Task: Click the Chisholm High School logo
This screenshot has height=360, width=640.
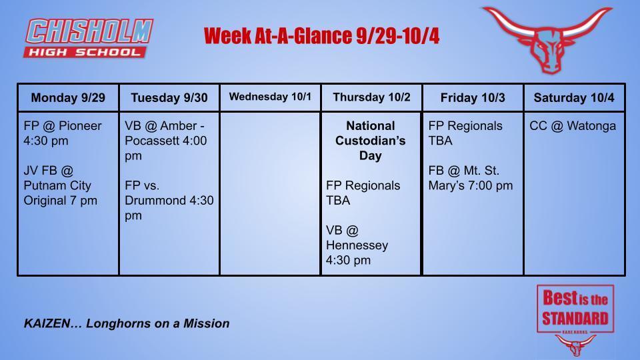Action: point(88,38)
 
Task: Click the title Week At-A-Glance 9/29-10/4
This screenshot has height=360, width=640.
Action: point(321,35)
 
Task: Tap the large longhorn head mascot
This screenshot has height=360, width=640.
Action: point(548,39)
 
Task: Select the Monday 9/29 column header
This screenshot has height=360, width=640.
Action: point(68,98)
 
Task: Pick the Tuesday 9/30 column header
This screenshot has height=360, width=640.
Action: point(169,98)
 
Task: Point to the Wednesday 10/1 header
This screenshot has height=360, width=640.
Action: point(270,97)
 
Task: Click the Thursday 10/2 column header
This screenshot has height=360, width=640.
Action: point(371,97)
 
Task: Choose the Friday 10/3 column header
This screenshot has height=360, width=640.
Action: point(473,98)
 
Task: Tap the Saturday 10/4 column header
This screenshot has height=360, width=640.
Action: point(574,98)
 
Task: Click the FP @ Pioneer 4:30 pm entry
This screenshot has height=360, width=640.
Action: point(63,133)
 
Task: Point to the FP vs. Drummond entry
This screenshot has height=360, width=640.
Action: point(169,200)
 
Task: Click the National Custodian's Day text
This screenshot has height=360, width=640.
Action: point(371,141)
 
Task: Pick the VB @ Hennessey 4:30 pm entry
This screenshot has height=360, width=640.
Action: point(357,245)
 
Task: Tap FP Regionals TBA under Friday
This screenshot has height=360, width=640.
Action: point(465,133)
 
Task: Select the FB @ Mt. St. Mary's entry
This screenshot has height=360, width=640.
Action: point(470,178)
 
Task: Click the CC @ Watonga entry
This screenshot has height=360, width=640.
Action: point(573,126)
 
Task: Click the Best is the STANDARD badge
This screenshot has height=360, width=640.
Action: point(575,309)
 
